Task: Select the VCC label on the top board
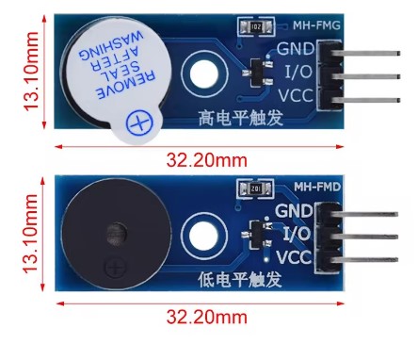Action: (296, 93)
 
